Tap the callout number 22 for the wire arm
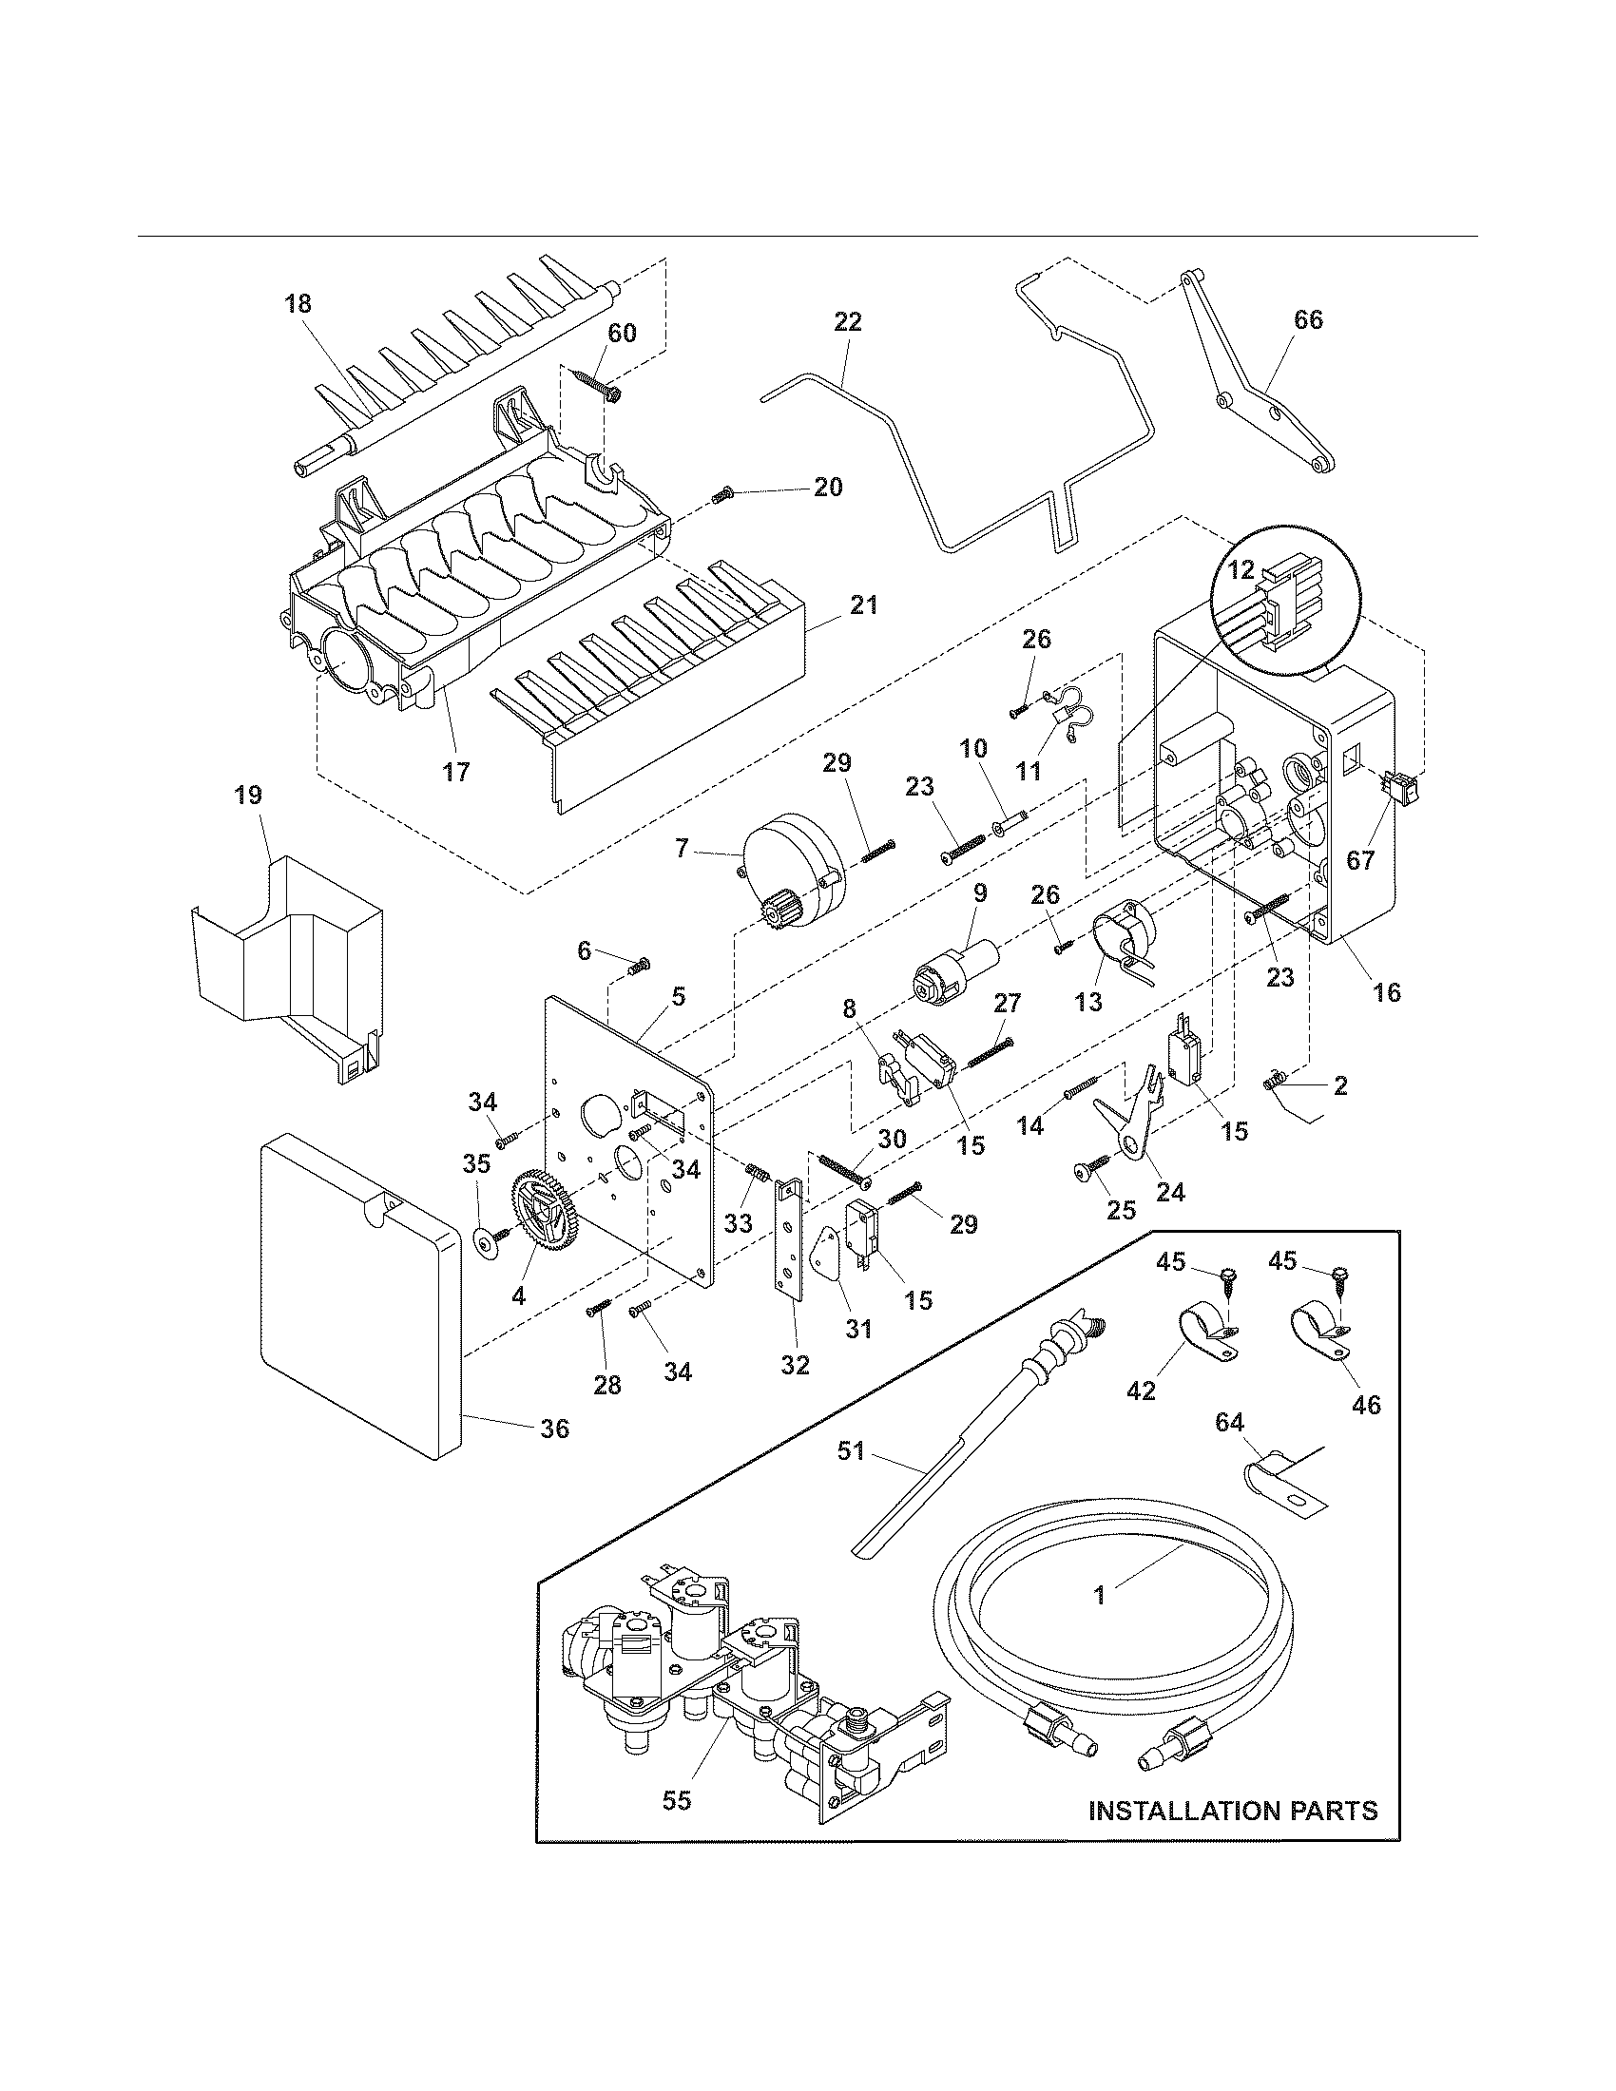tap(847, 321)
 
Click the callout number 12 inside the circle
tap(1241, 570)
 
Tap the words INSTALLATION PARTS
tap(1233, 1811)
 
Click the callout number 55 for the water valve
tap(677, 1801)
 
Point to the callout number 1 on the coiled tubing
tap(1100, 1595)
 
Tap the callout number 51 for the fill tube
tap(851, 1450)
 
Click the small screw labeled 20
tap(722, 495)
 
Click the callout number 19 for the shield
tap(249, 795)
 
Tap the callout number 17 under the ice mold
tap(455, 772)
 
